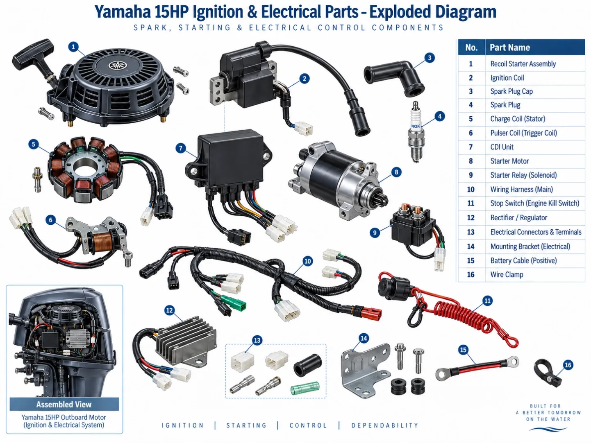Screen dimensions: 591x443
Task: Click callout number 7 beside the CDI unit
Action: tap(181, 148)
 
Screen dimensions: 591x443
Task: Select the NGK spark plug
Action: tap(416, 132)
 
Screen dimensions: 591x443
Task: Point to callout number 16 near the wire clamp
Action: tap(568, 365)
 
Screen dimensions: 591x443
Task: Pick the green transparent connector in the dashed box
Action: tap(305, 388)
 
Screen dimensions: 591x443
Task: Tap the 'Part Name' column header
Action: tap(509, 47)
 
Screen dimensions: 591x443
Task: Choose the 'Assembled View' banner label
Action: tap(64, 404)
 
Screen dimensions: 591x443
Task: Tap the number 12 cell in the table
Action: tap(471, 217)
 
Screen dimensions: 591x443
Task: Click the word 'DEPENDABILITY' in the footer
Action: tap(385, 425)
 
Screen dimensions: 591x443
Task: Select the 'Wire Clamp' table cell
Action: tap(507, 275)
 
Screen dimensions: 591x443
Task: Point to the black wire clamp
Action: tap(547, 373)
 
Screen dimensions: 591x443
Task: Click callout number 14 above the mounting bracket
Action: tap(364, 338)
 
